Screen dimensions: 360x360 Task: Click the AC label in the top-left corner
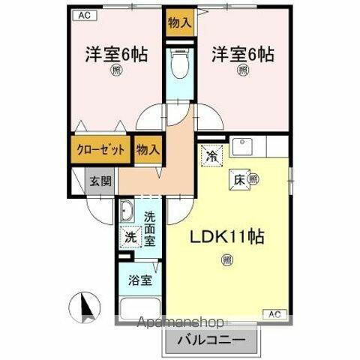tap(85, 15)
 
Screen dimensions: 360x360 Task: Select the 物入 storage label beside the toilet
tap(178, 22)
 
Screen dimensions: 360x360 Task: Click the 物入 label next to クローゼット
tap(148, 149)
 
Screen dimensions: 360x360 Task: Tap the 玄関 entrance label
tap(101, 181)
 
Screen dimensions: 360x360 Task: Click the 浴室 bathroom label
tap(139, 280)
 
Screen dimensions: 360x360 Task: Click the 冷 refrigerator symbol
tap(212, 156)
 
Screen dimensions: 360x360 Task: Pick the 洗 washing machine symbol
tap(130, 237)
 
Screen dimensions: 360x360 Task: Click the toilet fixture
tap(178, 66)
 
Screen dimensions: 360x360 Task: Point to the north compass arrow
tap(85, 305)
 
